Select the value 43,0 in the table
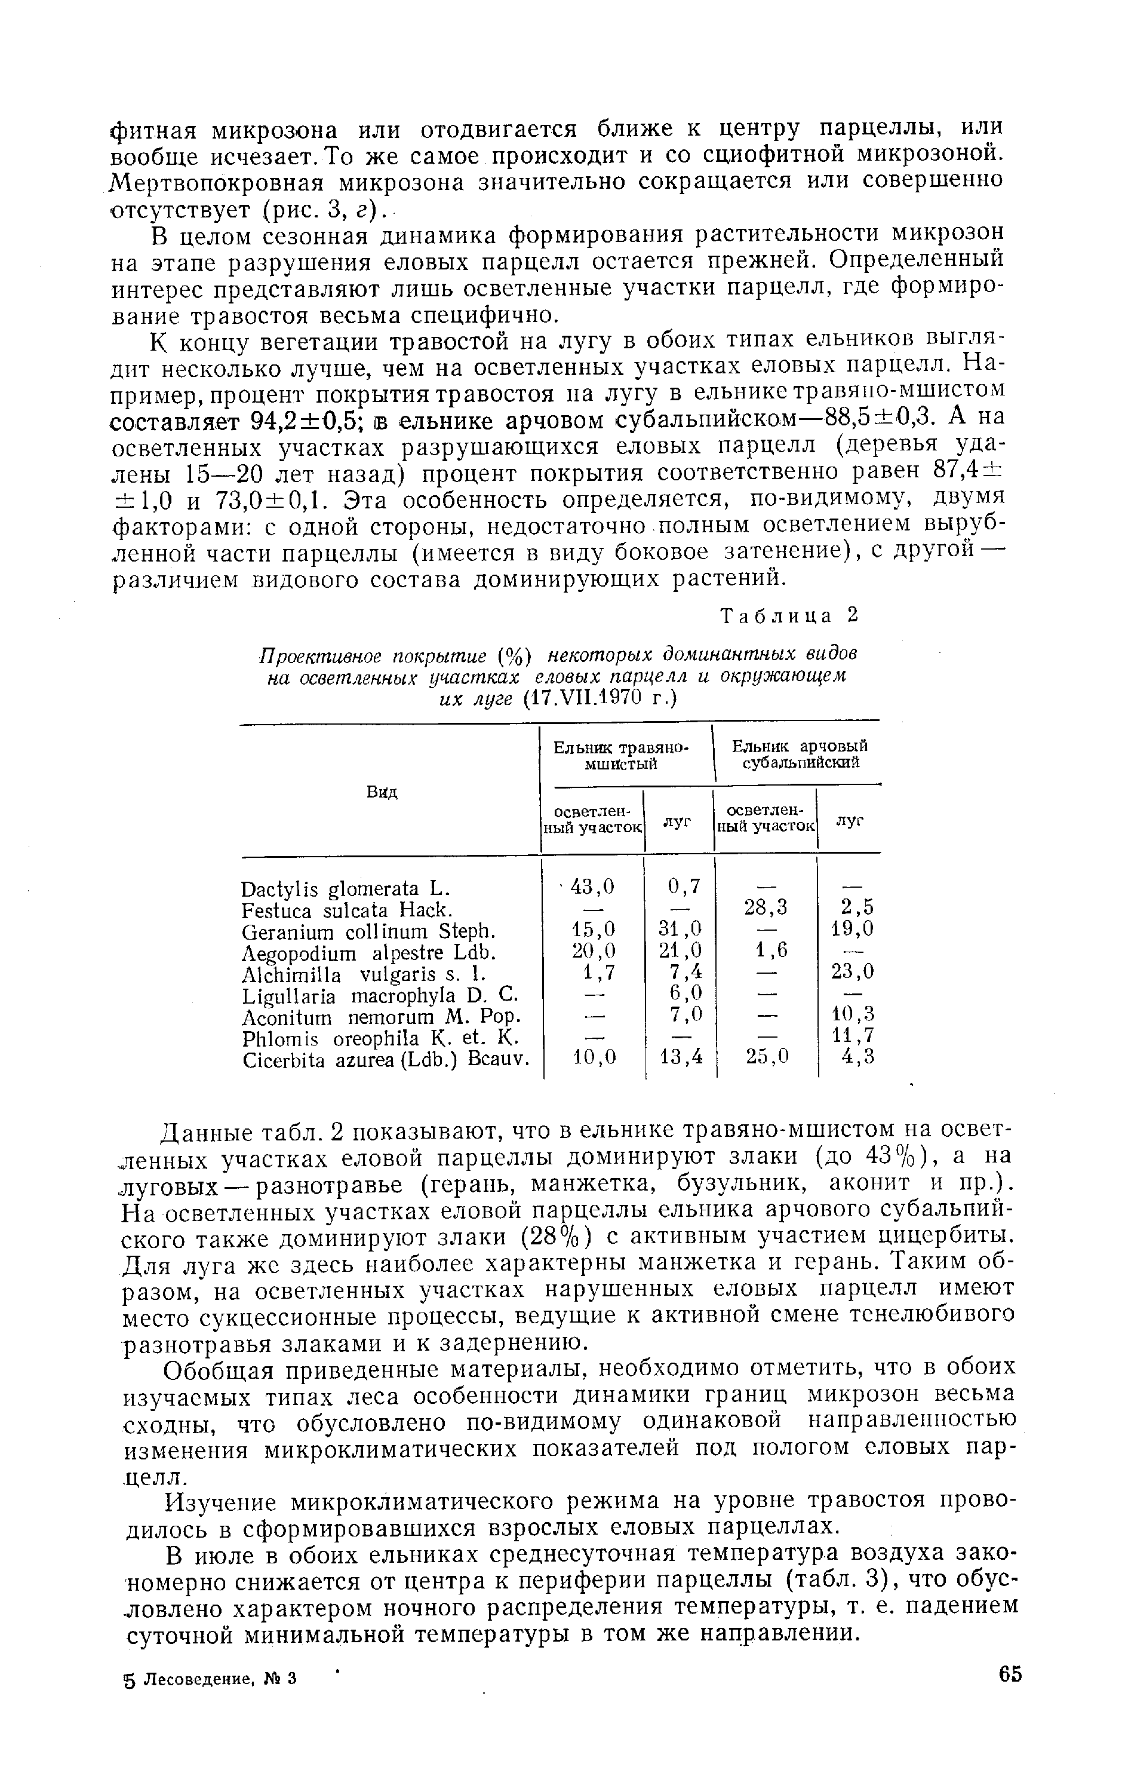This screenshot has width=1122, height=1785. (593, 887)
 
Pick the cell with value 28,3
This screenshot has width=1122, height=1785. (766, 907)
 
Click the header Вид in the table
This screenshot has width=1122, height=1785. (382, 792)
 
